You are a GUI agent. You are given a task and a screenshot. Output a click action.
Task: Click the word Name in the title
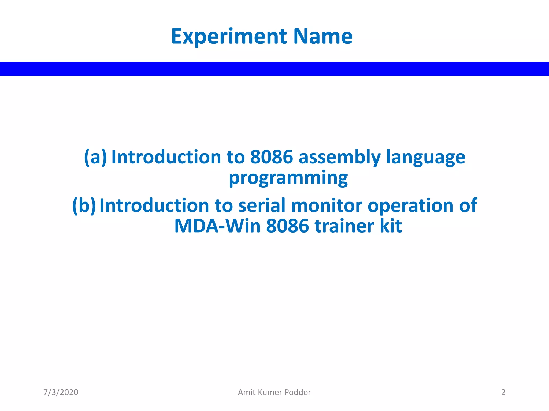coord(323,36)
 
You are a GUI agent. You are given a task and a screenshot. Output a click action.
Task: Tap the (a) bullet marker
coord(95,157)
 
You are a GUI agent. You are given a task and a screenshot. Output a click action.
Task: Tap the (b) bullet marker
coord(84,205)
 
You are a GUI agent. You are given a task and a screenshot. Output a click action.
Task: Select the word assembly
coord(339,157)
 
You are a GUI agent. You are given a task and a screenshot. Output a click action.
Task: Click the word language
coord(425,157)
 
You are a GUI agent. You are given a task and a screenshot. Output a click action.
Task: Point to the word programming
coord(288,178)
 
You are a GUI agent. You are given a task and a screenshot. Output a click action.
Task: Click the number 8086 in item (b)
coord(287,226)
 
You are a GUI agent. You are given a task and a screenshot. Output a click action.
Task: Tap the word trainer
coord(344,226)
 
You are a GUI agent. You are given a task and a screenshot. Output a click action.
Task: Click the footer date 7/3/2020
coord(61,392)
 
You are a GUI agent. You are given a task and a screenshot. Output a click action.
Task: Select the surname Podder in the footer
coord(298,392)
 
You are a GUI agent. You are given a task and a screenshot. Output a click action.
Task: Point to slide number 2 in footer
coord(503,392)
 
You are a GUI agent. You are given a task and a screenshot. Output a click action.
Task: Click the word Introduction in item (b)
coord(154,205)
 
